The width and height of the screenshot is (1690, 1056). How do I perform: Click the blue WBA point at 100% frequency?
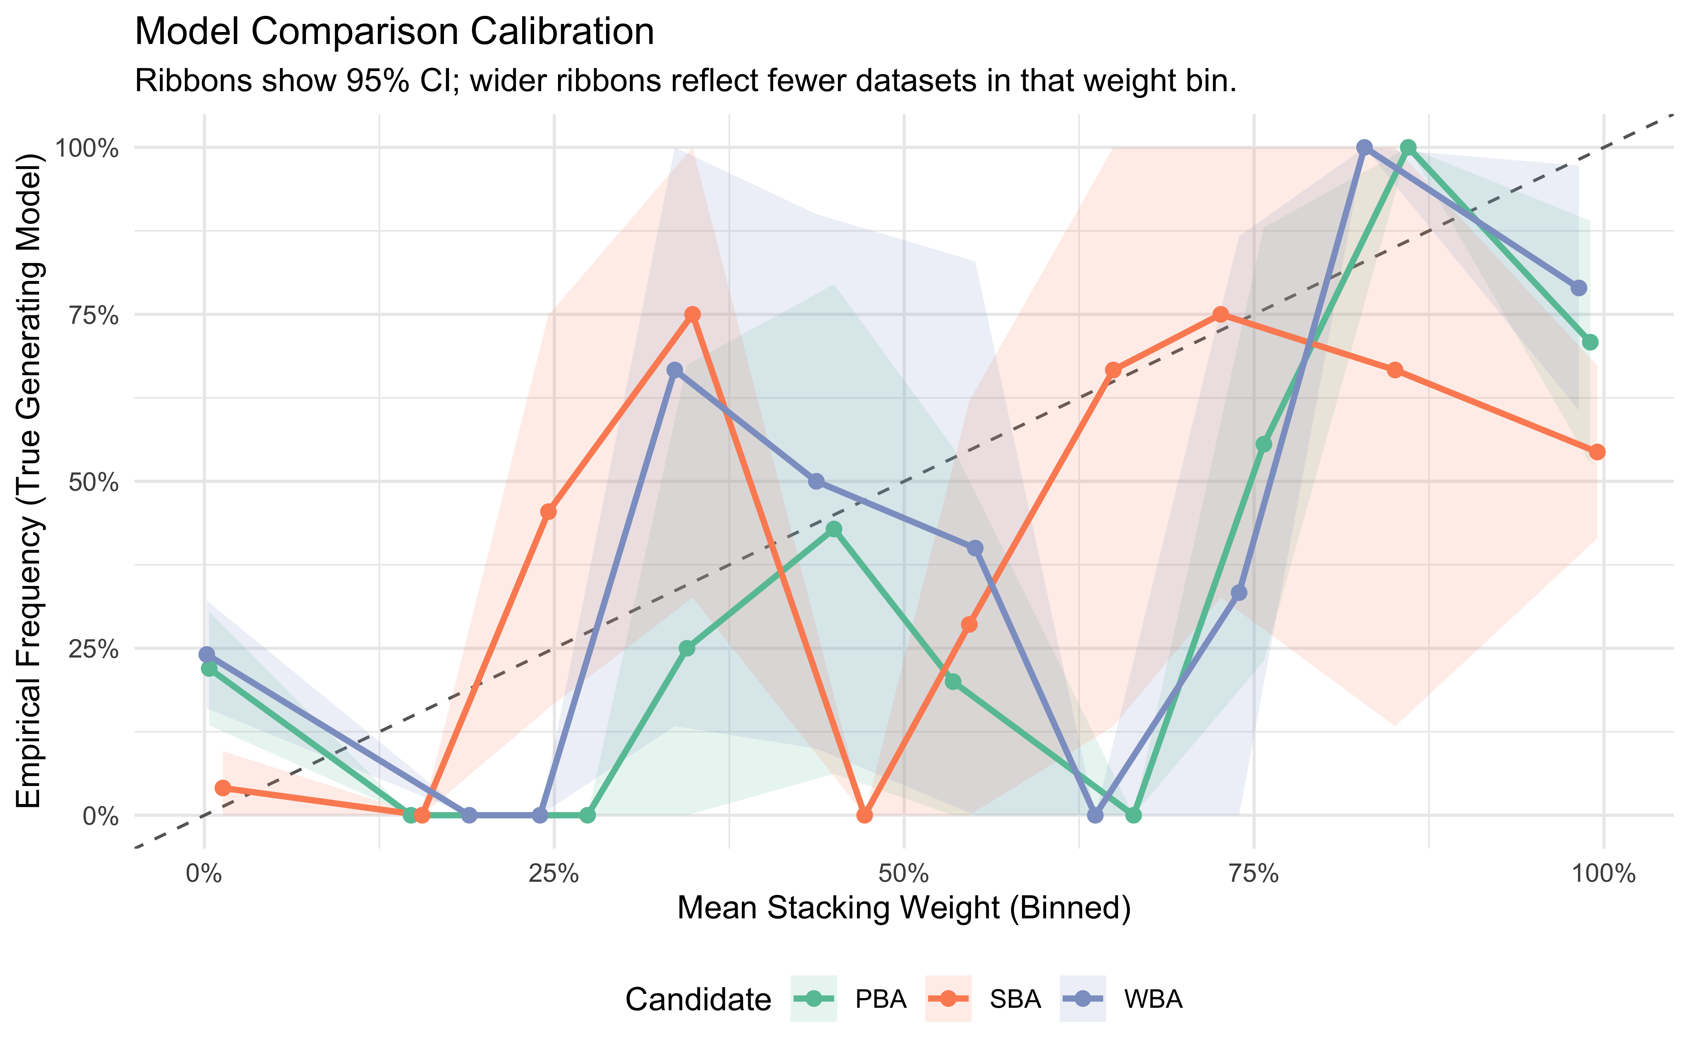[1364, 147]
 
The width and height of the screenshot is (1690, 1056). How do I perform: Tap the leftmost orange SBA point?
[223, 788]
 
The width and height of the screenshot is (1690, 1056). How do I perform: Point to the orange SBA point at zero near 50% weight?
[865, 815]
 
